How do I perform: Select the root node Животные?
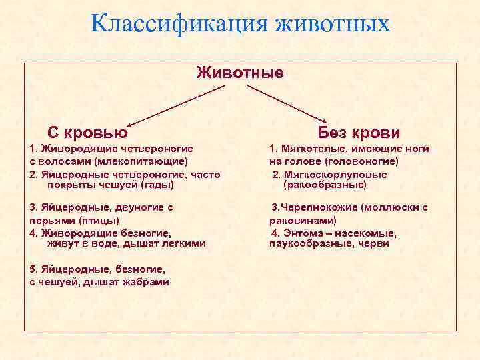pos(240,72)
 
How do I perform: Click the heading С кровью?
pos(87,132)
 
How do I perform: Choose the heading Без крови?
pos(359,132)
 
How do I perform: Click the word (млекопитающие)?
pos(141,161)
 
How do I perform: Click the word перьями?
pos(51,219)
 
